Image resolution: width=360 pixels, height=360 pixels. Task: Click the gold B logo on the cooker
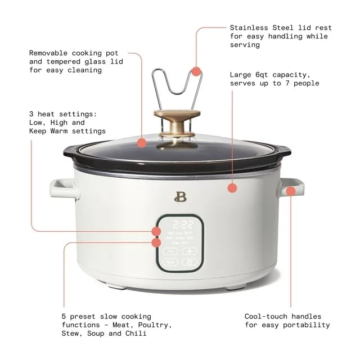point(180,197)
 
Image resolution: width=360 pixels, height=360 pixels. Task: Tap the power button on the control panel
point(190,262)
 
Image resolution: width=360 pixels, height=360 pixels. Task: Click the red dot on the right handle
point(291,191)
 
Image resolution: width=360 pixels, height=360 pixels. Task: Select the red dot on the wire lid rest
point(196,71)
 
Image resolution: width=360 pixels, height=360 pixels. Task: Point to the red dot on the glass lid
point(143,143)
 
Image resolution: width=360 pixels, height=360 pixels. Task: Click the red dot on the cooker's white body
point(232,188)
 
